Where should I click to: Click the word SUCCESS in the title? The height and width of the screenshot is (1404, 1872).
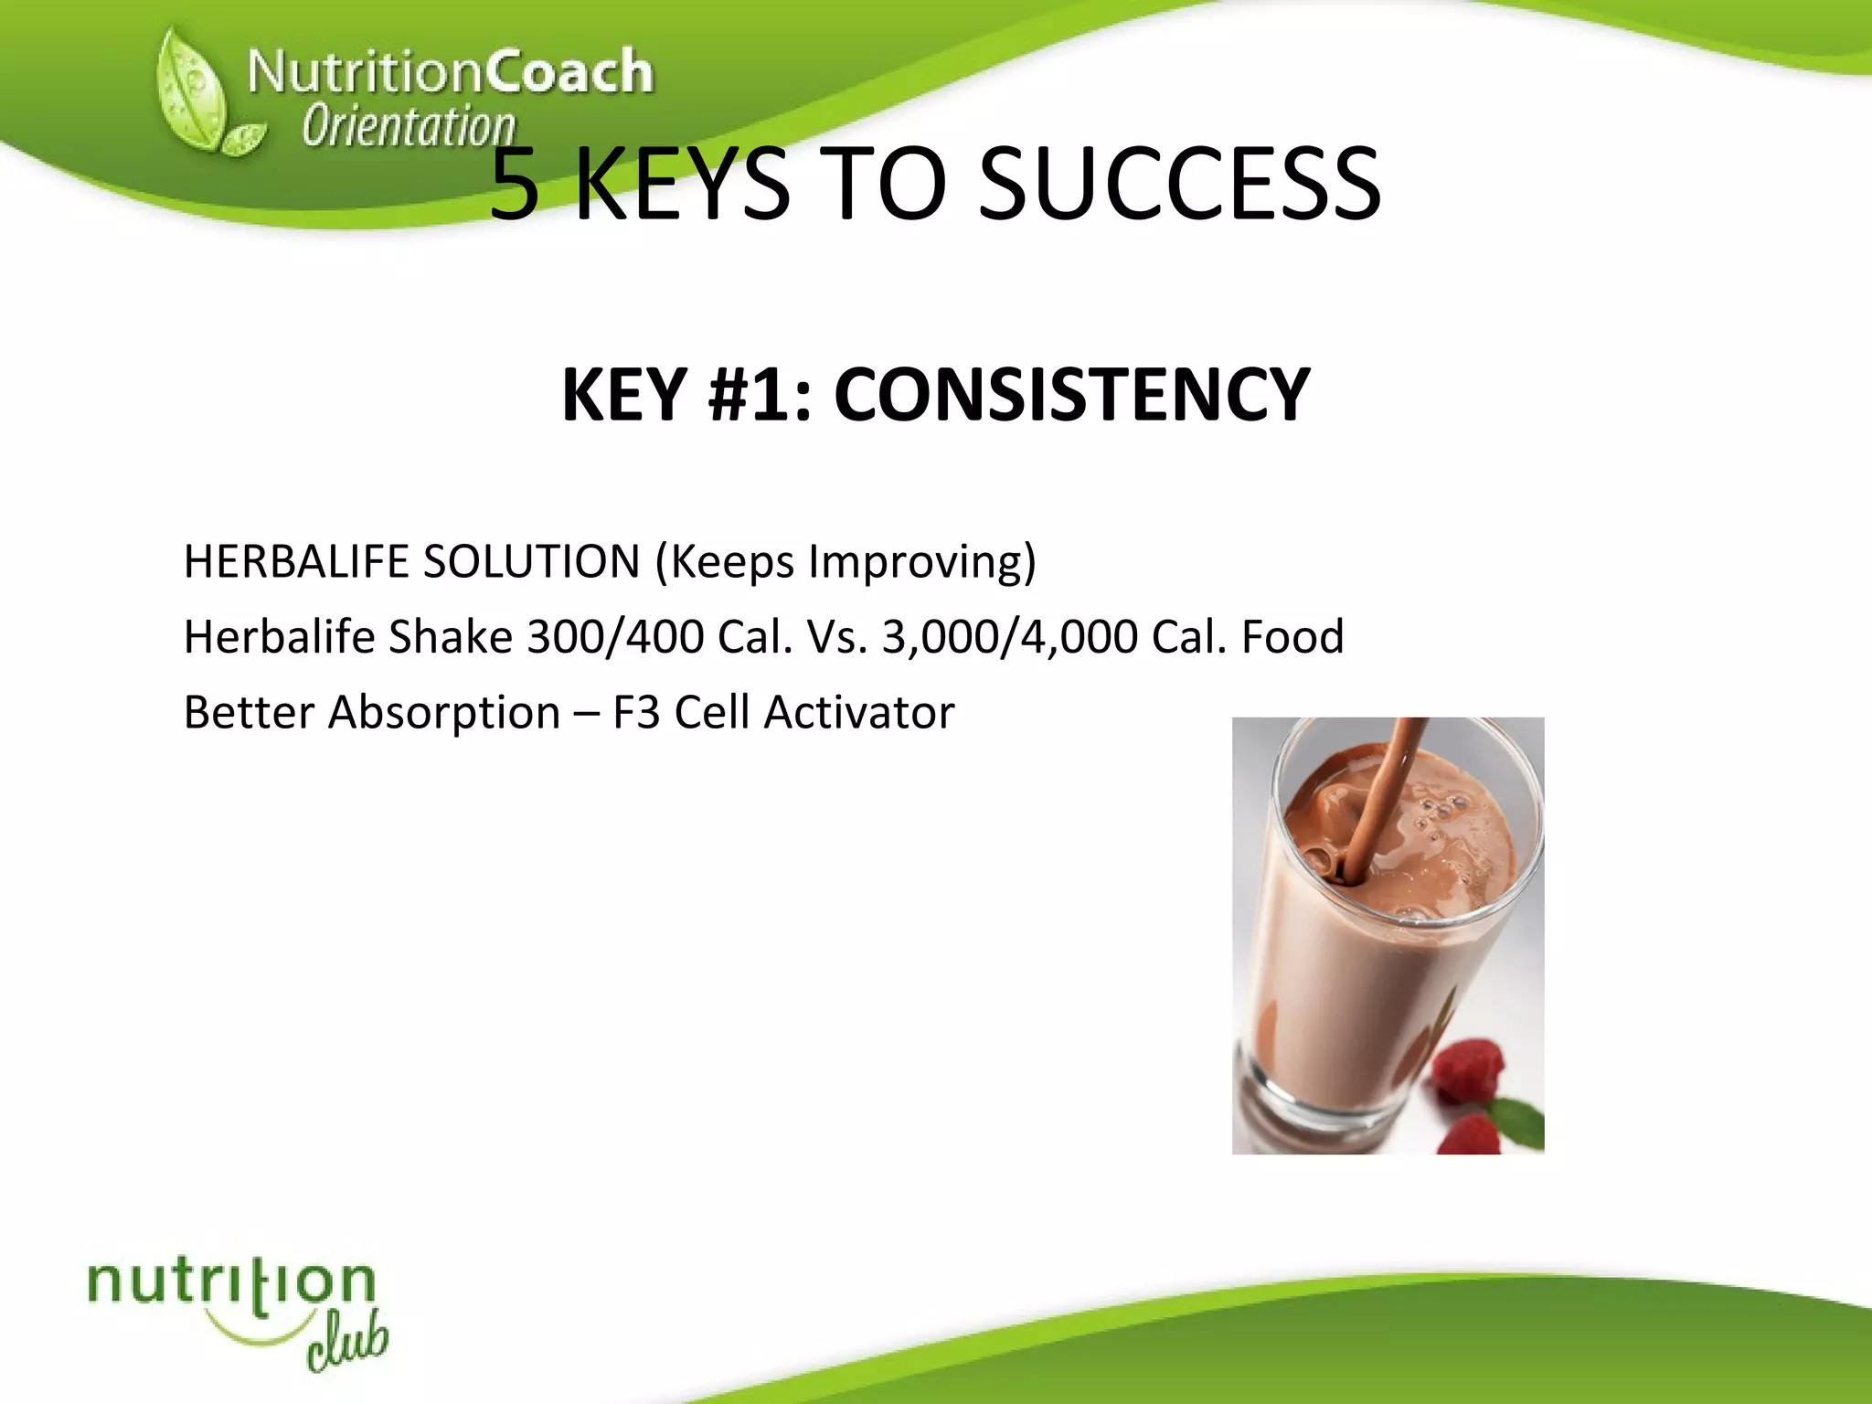[x=1179, y=186]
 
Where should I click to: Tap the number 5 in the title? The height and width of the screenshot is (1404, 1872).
[x=515, y=186]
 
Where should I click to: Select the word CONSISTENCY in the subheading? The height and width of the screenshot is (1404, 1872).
[x=1071, y=395]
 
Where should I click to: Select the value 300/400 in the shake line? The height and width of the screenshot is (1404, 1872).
[x=615, y=637]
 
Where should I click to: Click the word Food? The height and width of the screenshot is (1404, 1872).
[x=1292, y=637]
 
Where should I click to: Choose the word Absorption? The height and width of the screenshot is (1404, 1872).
[x=444, y=713]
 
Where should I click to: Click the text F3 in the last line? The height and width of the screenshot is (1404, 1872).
[x=636, y=713]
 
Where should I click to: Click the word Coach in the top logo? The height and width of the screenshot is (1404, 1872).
[x=568, y=71]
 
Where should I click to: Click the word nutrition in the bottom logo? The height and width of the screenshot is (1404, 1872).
[x=231, y=1283]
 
